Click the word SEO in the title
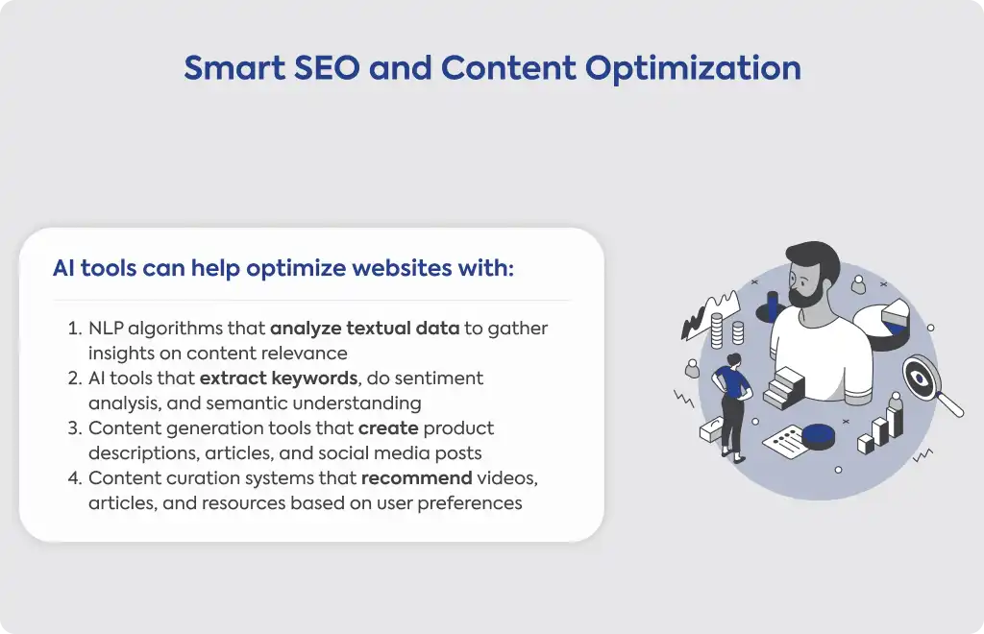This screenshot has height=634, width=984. click(327, 68)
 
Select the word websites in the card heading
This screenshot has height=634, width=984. click(402, 268)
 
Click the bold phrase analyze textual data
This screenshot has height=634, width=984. click(364, 329)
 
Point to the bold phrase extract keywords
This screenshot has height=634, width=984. click(279, 378)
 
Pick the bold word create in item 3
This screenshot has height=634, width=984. click(388, 428)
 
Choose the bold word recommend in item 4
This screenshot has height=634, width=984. click(417, 478)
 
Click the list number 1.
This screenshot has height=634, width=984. click(75, 329)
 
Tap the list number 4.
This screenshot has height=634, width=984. click(75, 478)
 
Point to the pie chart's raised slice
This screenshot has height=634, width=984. click(896, 311)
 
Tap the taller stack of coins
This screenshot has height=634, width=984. click(716, 330)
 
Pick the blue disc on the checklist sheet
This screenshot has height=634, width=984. click(819, 436)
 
